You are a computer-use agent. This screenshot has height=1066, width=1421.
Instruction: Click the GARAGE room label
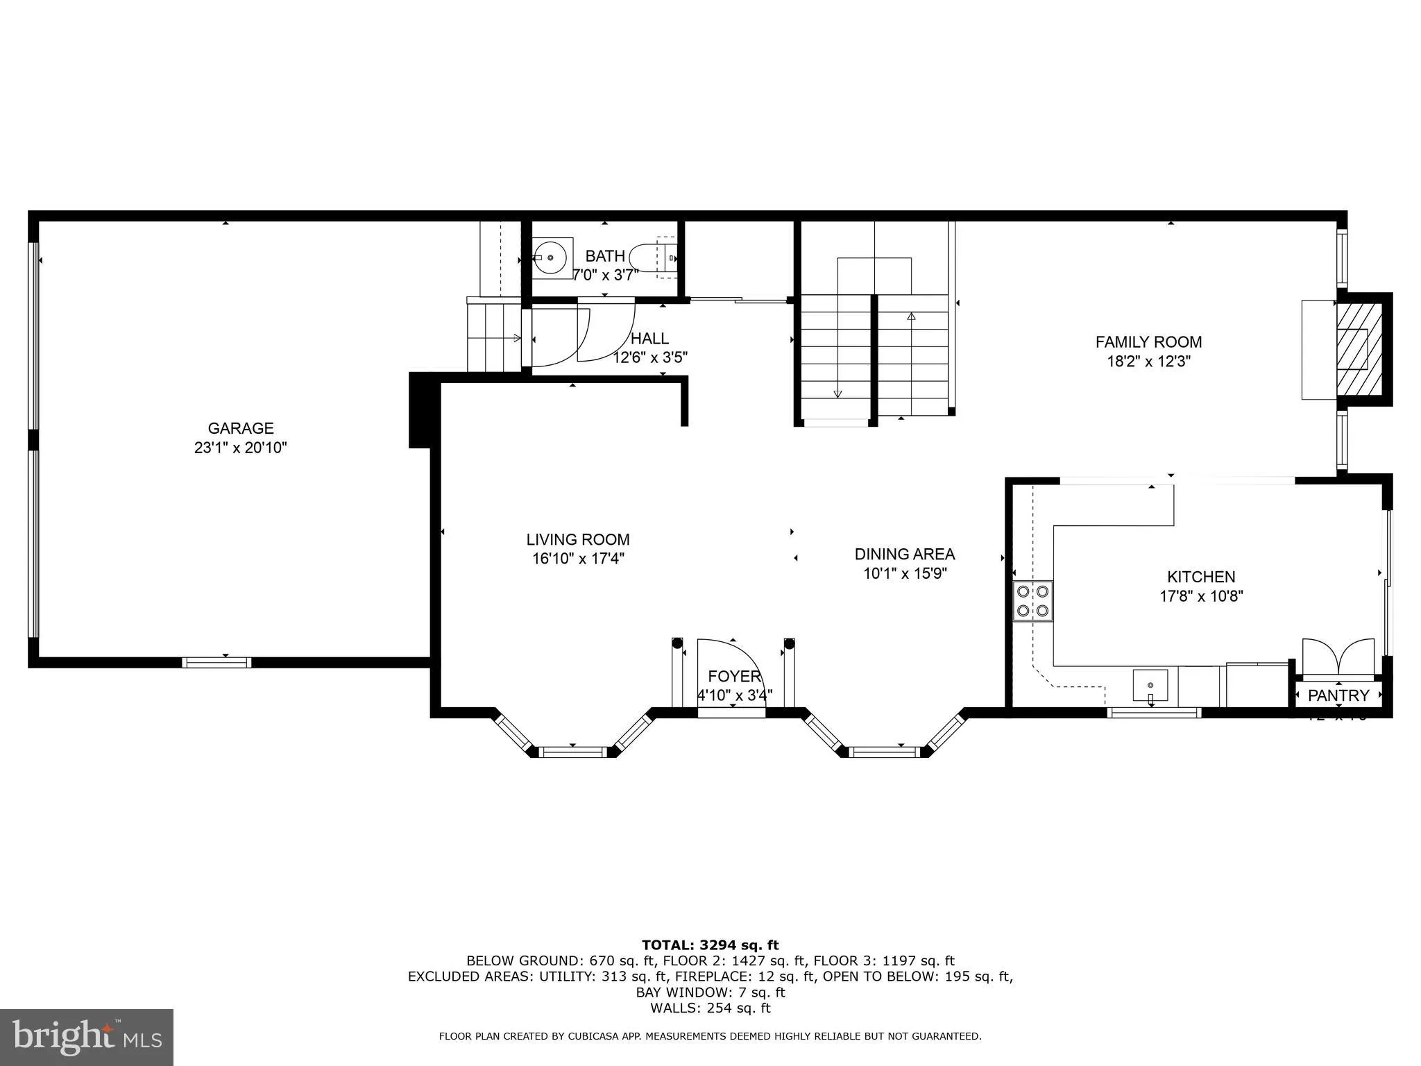[241, 428]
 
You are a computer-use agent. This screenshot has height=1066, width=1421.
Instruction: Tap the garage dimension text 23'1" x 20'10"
[241, 448]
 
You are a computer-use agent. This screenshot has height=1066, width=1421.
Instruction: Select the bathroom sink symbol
[552, 257]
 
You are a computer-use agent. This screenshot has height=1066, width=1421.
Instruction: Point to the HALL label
[649, 339]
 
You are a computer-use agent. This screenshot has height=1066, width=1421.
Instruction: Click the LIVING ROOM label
[577, 539]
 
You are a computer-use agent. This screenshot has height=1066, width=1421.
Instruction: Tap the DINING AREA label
[904, 554]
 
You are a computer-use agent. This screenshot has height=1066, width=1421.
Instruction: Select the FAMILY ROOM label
[1148, 341]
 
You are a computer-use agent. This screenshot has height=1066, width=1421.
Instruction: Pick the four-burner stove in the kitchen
[1032, 601]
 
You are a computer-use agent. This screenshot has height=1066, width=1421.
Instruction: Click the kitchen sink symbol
[1150, 686]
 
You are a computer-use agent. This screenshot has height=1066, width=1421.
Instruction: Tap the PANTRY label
[1338, 695]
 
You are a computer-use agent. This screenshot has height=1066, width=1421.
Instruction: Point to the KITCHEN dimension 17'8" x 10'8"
[1201, 595]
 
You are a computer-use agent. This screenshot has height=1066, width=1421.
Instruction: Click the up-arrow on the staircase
[911, 316]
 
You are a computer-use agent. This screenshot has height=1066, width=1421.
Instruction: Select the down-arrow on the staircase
[837, 394]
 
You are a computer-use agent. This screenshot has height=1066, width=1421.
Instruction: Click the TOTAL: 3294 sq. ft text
[710, 945]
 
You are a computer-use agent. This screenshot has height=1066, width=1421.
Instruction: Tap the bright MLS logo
[86, 1036]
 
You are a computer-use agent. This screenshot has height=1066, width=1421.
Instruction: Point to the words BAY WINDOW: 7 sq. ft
[710, 992]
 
